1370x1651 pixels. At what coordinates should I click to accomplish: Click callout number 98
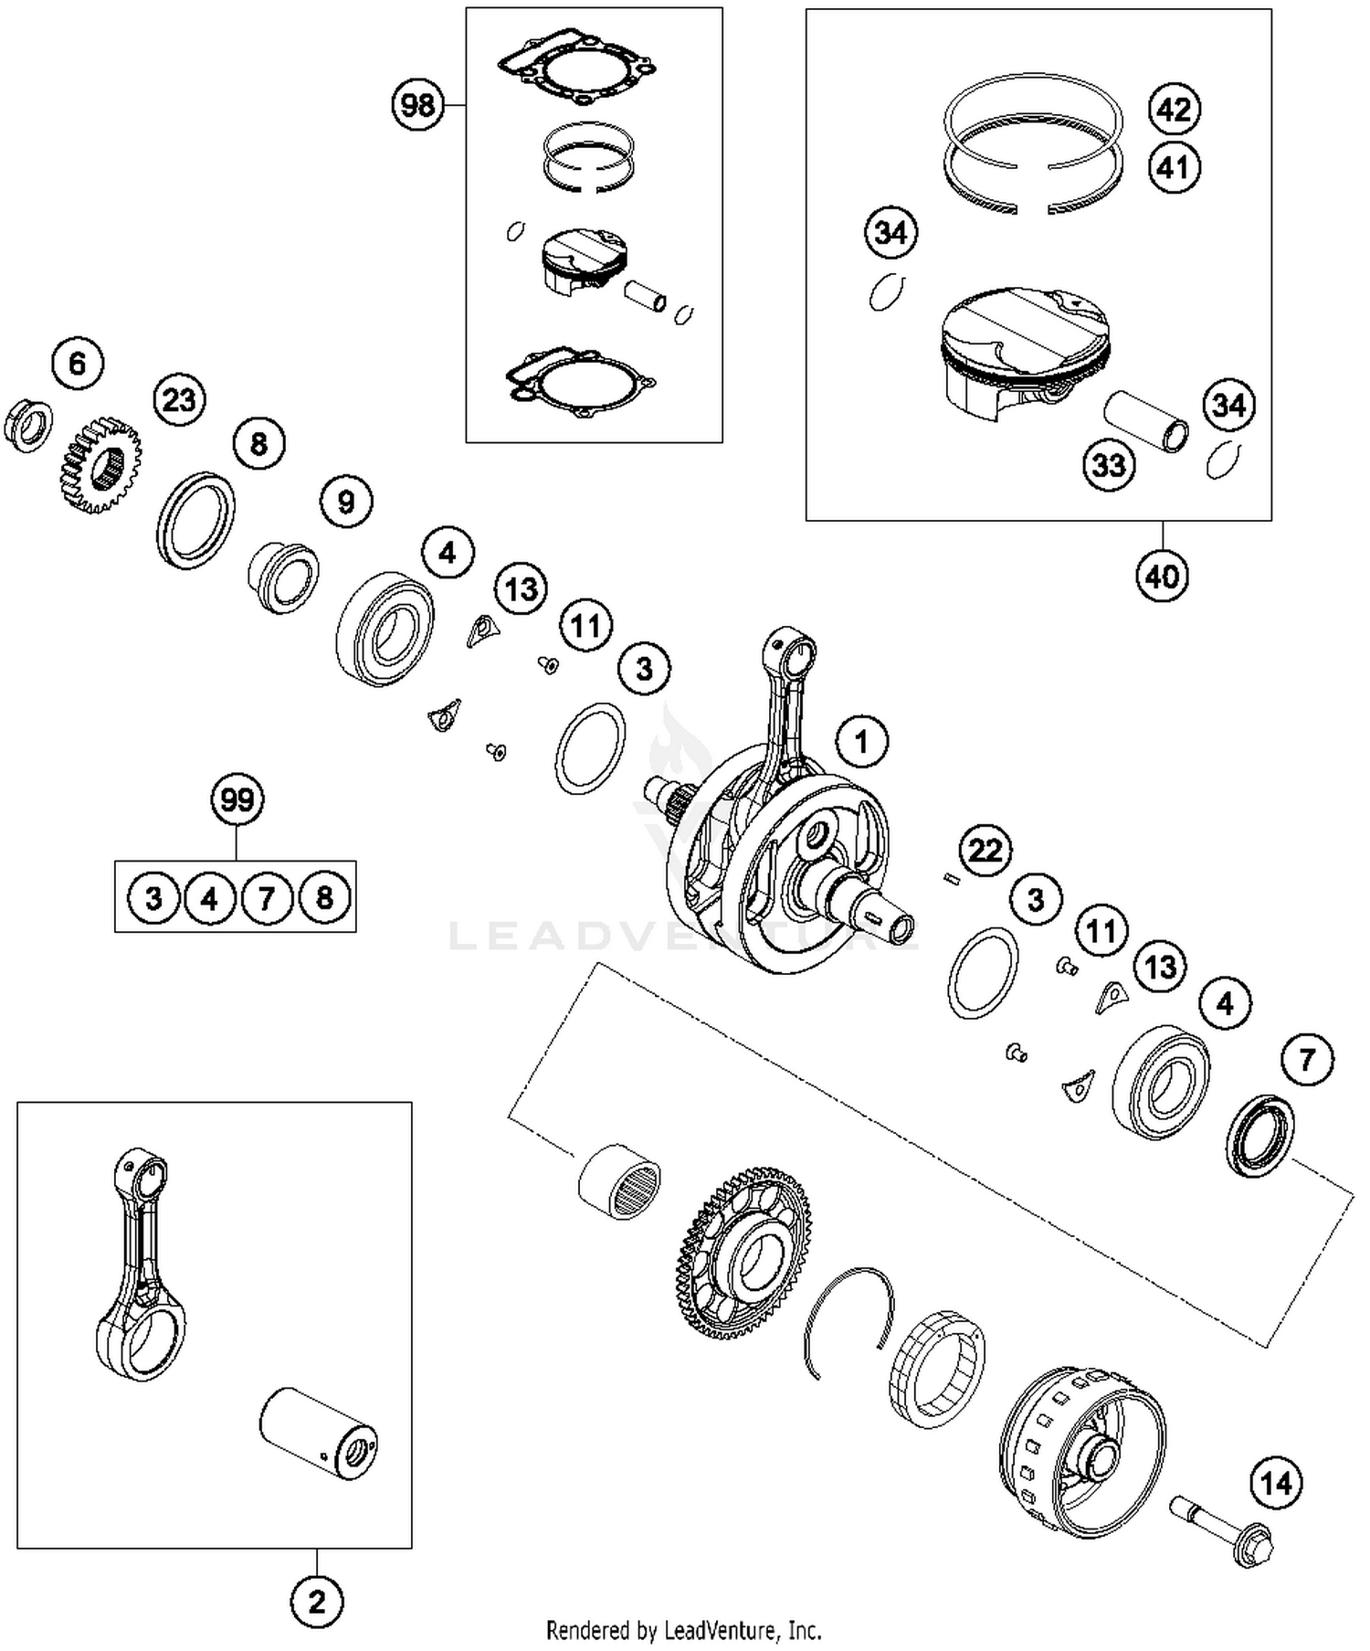coord(417,105)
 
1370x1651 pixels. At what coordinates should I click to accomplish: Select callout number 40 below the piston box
coord(1162,577)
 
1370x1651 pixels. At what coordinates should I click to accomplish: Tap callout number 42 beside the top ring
coord(1174,110)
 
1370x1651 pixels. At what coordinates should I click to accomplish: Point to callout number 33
coord(1109,465)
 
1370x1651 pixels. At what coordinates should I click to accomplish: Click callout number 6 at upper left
coord(78,364)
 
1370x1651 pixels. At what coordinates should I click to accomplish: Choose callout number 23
coord(179,400)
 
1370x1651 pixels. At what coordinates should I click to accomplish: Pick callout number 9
coord(346,502)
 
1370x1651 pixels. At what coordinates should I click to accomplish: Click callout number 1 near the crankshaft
coord(860,741)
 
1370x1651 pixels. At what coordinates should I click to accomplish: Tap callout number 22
coord(985,851)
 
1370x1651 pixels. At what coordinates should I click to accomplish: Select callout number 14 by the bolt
coord(1276,1483)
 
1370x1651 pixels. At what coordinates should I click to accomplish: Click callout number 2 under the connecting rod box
coord(317,1601)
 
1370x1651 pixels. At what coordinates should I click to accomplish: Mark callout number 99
coord(237,800)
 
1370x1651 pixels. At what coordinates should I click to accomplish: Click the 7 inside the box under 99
coord(266,898)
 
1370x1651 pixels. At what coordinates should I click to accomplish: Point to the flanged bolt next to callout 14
coord(1224,1533)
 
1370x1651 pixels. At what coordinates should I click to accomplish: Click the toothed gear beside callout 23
coord(99,464)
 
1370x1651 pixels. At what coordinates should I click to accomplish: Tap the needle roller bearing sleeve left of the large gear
coord(620,1180)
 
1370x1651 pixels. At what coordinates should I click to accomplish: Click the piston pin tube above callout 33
coord(1147,421)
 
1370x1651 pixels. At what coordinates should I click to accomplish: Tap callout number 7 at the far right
coord(1307,1060)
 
